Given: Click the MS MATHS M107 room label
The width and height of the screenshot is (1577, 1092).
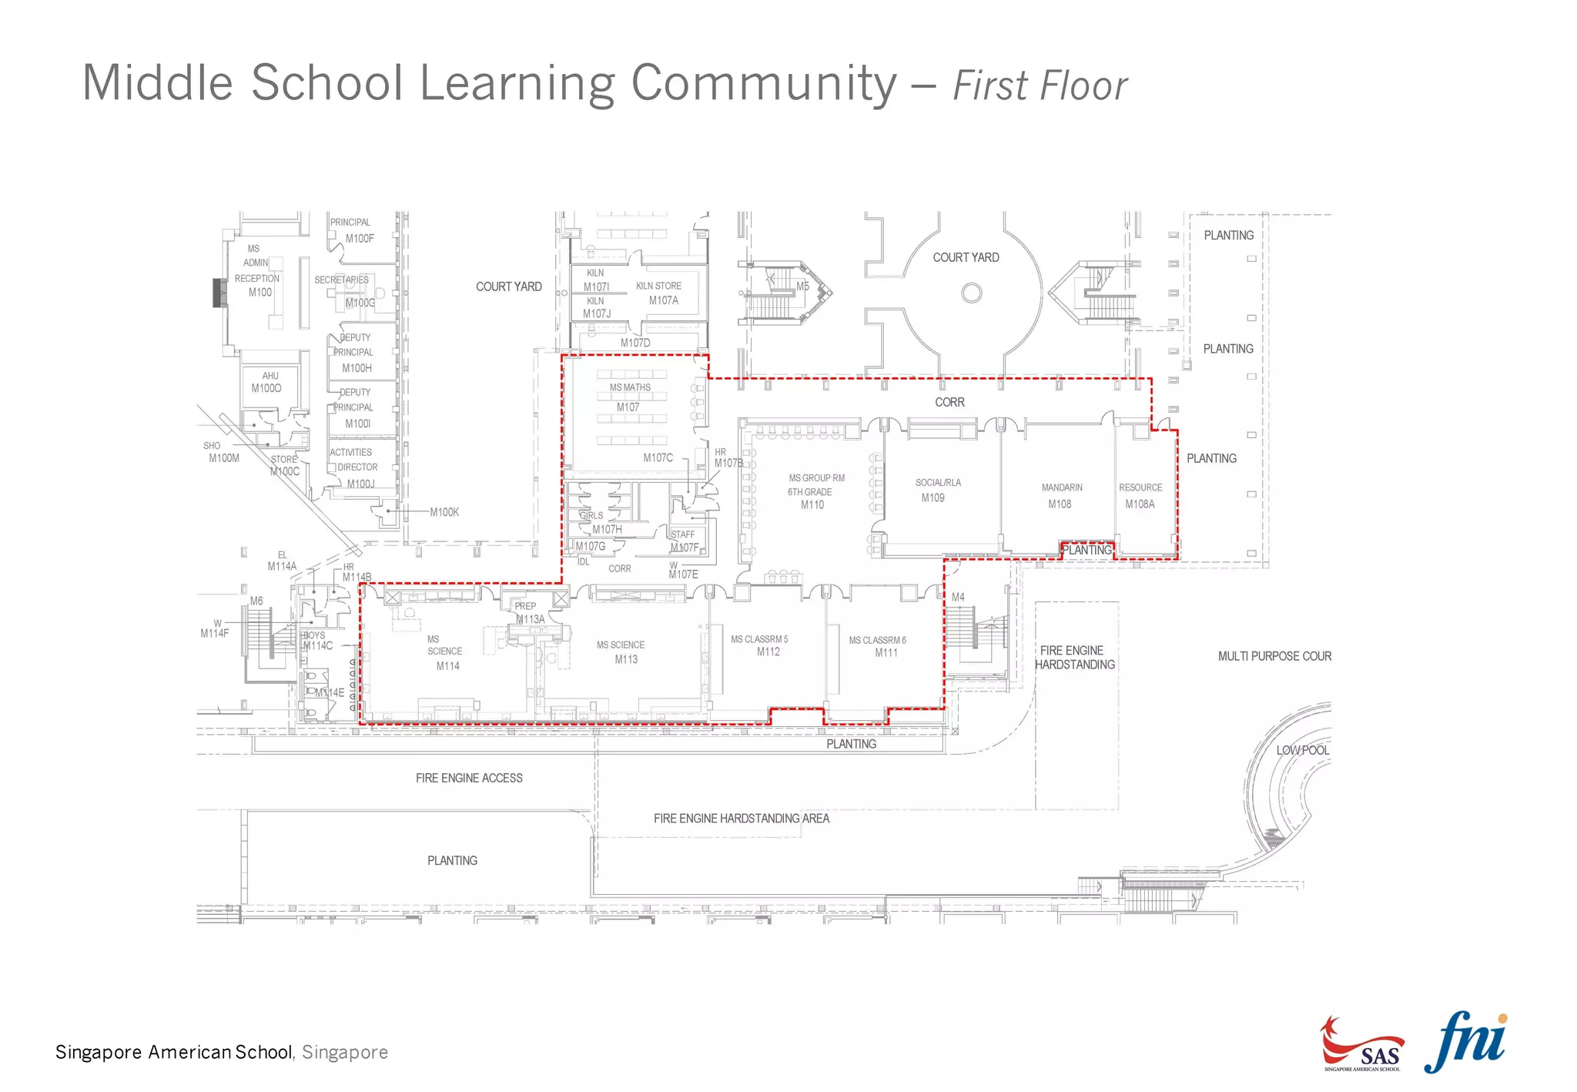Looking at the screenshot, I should pyautogui.click(x=629, y=397).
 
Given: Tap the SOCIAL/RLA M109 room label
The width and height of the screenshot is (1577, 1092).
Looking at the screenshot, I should pyautogui.click(x=936, y=490).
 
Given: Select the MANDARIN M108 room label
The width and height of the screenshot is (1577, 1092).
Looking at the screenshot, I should pyautogui.click(x=1061, y=496).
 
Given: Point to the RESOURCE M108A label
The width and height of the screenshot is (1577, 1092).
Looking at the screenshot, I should pyautogui.click(x=1140, y=496).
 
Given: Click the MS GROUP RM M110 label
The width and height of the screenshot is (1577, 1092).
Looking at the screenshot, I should pyautogui.click(x=815, y=491).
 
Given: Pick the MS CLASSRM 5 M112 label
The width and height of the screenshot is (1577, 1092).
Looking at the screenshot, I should pyautogui.click(x=760, y=645).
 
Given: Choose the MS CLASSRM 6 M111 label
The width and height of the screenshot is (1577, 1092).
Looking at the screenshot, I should pyautogui.click(x=878, y=646).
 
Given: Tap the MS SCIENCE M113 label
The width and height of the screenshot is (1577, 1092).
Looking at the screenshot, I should pyautogui.click(x=621, y=652).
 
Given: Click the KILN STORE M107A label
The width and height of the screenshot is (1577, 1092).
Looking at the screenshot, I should pyautogui.click(x=659, y=293).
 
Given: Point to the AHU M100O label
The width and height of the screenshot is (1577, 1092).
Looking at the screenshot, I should pyautogui.click(x=267, y=382).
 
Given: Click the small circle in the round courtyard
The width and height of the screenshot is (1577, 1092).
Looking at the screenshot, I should pyautogui.click(x=972, y=293).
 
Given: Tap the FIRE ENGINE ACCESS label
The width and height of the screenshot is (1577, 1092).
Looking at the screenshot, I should pyautogui.click(x=469, y=778).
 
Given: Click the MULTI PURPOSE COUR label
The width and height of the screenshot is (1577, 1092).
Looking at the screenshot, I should pyautogui.click(x=1274, y=656).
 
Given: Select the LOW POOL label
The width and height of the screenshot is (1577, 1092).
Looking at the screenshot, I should pyautogui.click(x=1302, y=750).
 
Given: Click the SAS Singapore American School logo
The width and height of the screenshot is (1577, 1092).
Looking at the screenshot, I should pyautogui.click(x=1361, y=1045).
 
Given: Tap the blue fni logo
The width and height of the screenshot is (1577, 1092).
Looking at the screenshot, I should pyautogui.click(x=1466, y=1042).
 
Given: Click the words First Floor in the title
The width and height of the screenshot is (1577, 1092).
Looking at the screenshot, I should pyautogui.click(x=1040, y=85).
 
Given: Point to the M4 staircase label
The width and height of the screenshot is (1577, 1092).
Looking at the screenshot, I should pyautogui.click(x=958, y=597).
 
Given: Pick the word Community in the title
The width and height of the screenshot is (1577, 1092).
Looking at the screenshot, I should pyautogui.click(x=764, y=83).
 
